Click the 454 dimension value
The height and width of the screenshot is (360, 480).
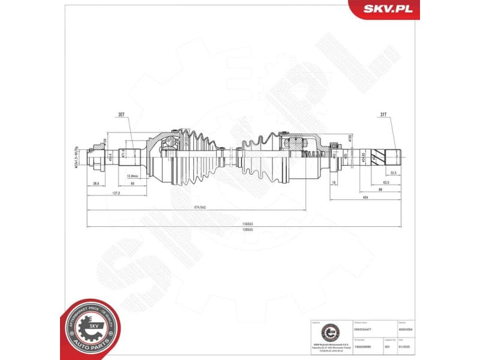click(365, 197)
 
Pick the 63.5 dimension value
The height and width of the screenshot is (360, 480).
click(386, 182)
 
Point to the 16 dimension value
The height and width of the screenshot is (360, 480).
click(334, 182)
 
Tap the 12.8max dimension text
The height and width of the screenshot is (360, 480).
click(133, 176)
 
